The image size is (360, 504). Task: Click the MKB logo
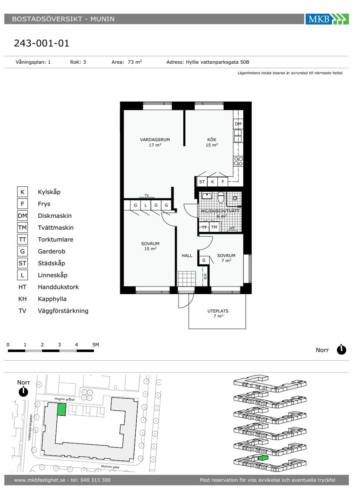click(x=327, y=19)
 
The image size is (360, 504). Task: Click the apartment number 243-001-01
click(x=42, y=43)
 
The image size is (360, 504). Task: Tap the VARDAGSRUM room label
click(x=155, y=140)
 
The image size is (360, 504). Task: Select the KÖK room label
click(x=212, y=140)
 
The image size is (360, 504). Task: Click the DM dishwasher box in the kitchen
click(x=238, y=124)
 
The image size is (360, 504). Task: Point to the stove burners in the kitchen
click(x=238, y=161)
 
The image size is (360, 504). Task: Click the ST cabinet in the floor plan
click(x=202, y=182)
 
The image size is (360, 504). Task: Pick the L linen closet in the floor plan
click(x=146, y=205)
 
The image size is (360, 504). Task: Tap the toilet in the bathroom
click(x=221, y=197)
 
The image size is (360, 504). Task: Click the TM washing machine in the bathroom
click(x=214, y=227)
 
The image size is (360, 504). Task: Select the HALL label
click(x=187, y=256)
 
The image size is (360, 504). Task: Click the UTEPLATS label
click(x=218, y=311)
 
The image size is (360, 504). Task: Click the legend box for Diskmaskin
click(x=22, y=216)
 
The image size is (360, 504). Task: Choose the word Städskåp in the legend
click(x=52, y=263)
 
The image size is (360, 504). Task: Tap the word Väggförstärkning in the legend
click(x=63, y=311)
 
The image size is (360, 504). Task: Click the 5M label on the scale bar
click(x=95, y=345)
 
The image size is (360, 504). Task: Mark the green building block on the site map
click(x=61, y=409)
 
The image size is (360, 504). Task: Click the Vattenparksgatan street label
click(x=30, y=427)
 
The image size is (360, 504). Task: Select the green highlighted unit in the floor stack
click(x=263, y=458)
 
